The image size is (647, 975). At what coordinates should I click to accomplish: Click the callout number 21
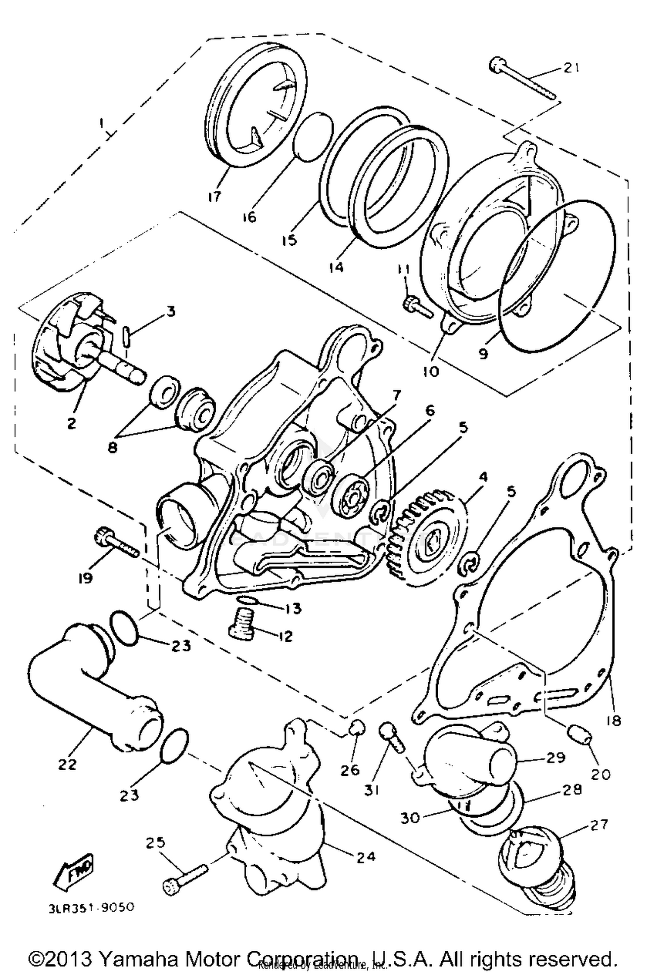coord(571,69)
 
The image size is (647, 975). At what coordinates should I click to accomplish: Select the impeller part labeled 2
coord(73,341)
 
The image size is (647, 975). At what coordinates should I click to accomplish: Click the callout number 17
coord(214,197)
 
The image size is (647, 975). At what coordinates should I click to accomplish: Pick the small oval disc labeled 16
coord(314,137)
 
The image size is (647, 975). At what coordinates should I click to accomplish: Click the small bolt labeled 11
coord(417,307)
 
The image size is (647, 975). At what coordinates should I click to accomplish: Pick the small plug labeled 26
coord(356,728)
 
